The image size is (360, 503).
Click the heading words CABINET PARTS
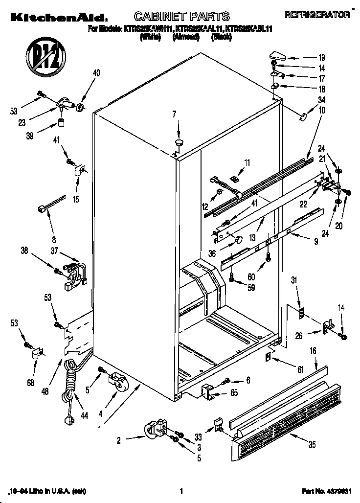[174, 17]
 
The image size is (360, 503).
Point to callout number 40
[96, 74]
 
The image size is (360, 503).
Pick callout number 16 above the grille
[313, 351]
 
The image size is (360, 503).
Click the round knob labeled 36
[238, 240]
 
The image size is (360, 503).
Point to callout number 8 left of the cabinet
[53, 240]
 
